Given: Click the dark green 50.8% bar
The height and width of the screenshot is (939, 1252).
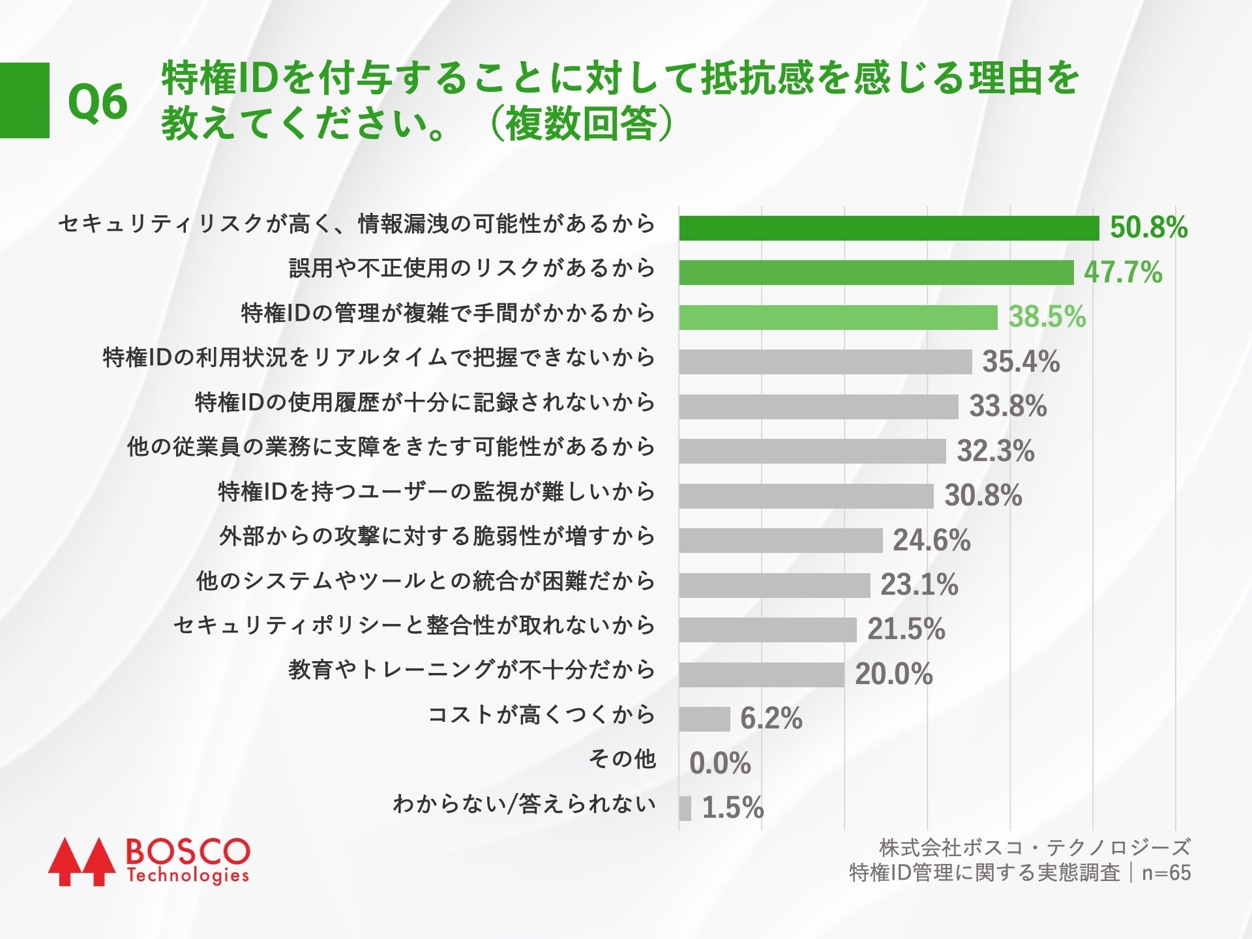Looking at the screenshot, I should (889, 228).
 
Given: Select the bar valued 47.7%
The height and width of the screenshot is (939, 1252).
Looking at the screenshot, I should (876, 273).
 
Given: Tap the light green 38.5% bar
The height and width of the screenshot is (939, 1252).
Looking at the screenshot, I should (838, 318).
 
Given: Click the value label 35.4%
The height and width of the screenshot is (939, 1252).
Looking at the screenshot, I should (1021, 362).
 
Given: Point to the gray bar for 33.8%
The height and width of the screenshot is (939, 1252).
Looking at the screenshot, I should (818, 406).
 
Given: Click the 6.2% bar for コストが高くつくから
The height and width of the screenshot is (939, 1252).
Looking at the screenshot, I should (704, 719).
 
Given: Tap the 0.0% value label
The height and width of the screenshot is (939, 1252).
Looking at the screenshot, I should (720, 763).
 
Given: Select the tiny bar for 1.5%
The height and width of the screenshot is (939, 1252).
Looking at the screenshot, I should (685, 808).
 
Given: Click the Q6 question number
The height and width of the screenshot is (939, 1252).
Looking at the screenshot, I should (98, 102).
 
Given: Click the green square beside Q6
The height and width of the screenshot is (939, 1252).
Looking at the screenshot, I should (24, 100).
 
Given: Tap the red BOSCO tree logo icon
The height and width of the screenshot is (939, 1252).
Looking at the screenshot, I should (77, 861).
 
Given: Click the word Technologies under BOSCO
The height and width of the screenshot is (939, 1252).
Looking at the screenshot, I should (188, 876).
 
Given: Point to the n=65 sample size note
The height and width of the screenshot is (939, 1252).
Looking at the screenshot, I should (1166, 873).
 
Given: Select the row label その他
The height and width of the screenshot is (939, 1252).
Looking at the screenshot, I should (621, 759).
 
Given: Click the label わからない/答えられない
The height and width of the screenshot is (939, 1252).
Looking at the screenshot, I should (524, 804).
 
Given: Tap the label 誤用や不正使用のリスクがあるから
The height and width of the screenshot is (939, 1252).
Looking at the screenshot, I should (471, 268).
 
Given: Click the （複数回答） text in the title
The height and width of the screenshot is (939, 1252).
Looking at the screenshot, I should (580, 124).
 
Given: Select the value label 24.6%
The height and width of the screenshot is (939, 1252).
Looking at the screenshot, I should (931, 541).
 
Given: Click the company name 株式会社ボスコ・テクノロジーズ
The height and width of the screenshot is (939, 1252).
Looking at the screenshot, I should (1034, 848).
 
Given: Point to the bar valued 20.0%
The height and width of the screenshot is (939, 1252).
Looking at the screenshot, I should (762, 674).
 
